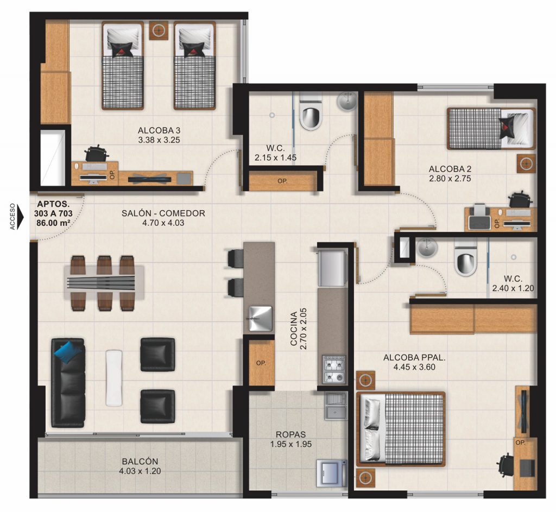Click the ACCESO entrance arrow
click(20, 217)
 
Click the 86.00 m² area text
click(54, 222)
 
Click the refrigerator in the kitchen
click(332, 267)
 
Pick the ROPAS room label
click(291, 434)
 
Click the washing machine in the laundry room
click(331, 472)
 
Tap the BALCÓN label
click(140, 462)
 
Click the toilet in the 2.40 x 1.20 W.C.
click(466, 262)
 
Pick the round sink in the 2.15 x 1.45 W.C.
click(346, 101)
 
